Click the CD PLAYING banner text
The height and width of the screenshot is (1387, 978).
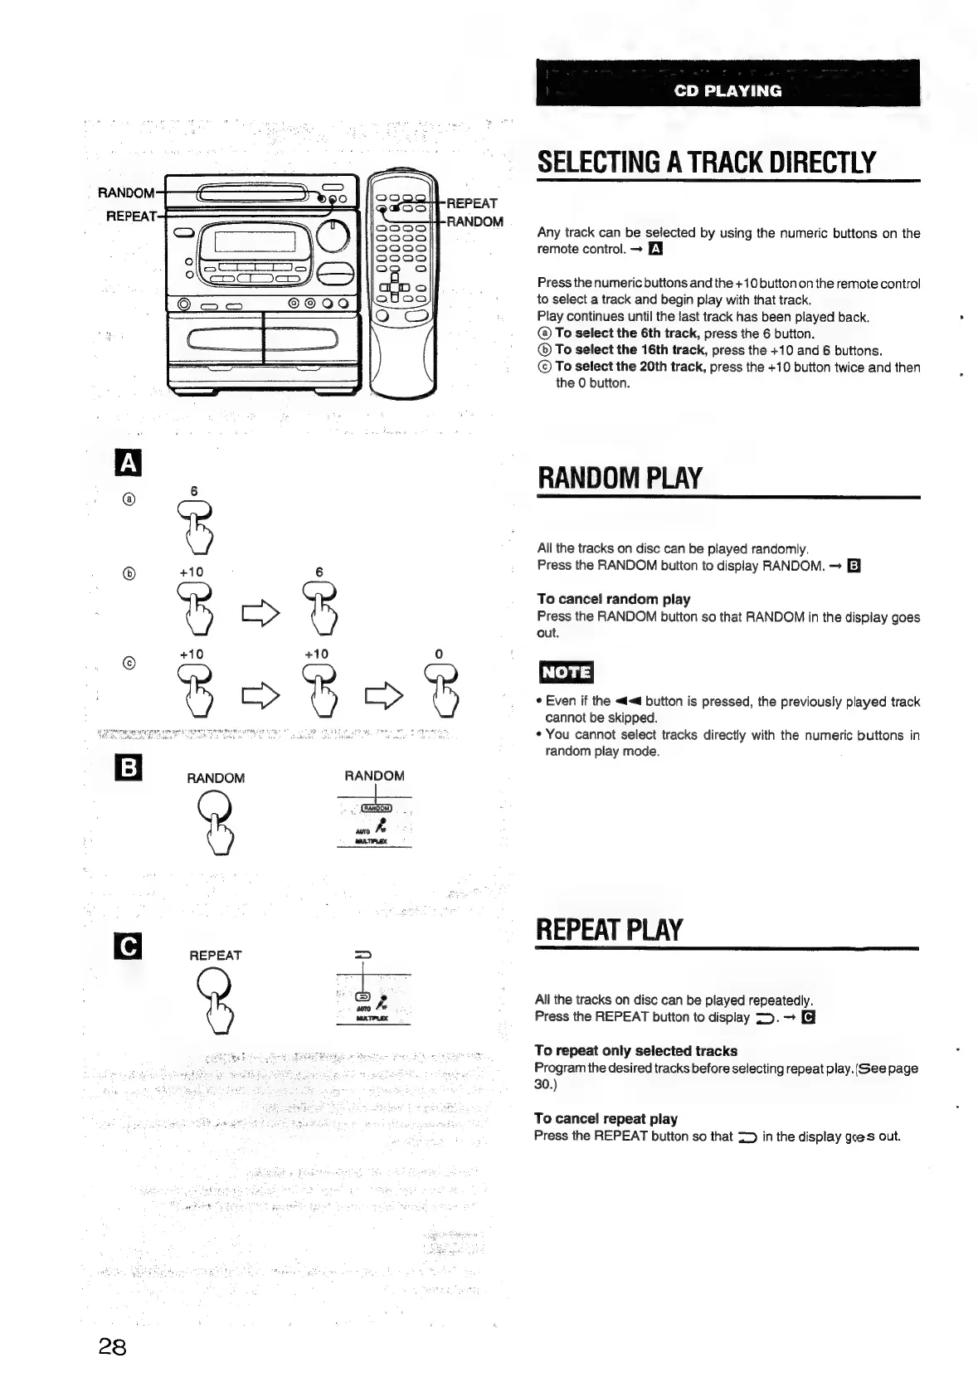[727, 90]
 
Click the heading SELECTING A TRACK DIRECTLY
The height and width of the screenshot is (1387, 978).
[706, 162]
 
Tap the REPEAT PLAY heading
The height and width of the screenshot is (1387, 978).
[610, 930]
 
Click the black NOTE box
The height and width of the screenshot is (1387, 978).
[566, 671]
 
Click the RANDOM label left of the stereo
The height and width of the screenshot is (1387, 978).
[125, 193]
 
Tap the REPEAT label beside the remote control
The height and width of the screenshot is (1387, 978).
[472, 203]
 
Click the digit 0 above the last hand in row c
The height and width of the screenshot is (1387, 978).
[439, 654]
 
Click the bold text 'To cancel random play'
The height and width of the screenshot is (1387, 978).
[613, 599]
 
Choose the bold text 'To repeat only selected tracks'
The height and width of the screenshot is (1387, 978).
[636, 1051]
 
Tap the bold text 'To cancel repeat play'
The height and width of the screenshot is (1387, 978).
[606, 1118]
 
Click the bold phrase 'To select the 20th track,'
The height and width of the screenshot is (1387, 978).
[630, 367]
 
